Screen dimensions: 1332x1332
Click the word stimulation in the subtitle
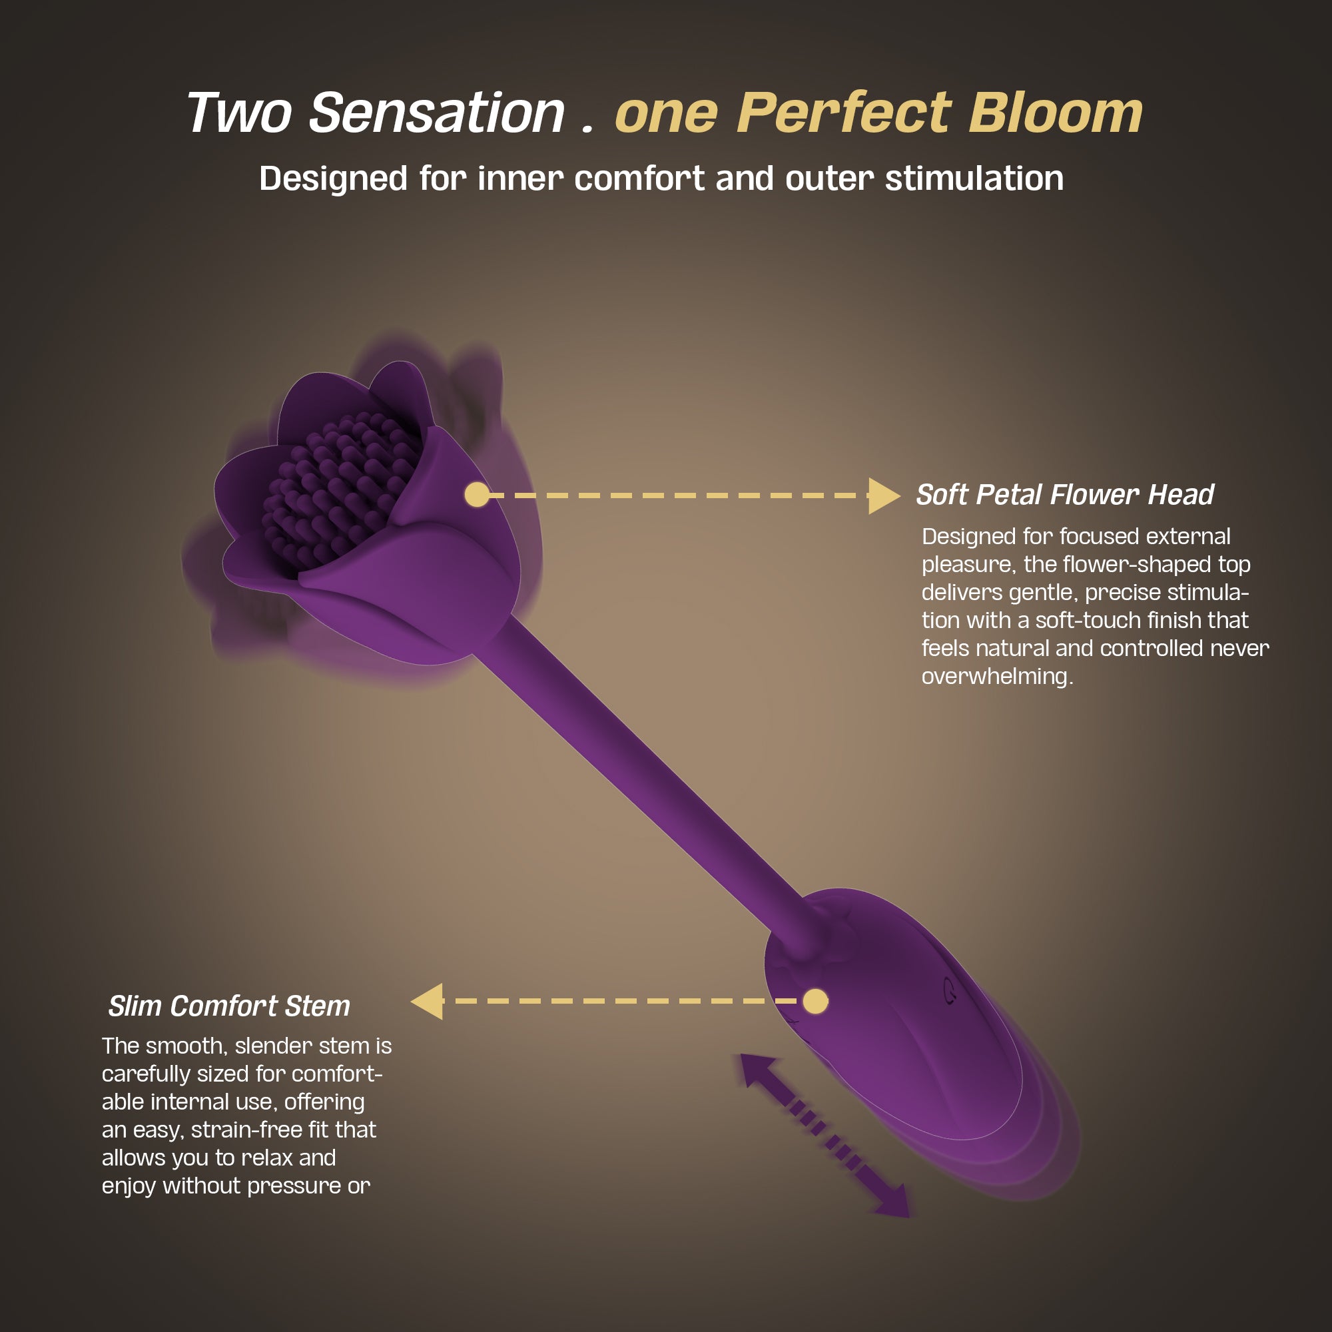[974, 178]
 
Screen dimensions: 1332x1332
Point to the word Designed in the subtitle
[333, 178]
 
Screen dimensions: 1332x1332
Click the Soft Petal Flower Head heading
[1064, 494]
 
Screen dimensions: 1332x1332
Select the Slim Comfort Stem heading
[229, 1006]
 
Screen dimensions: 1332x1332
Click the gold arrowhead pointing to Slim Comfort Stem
[427, 1001]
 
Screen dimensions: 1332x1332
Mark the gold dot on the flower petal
[477, 495]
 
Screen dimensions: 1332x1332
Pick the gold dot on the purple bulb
[816, 1001]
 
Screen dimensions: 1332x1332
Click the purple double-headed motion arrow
[825, 1136]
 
